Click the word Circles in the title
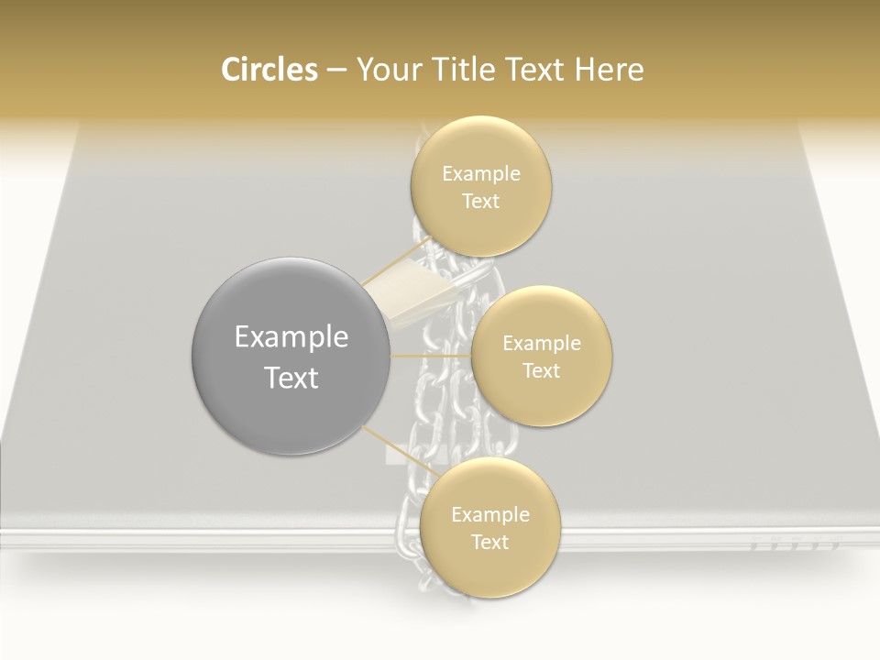(x=269, y=70)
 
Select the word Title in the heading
(x=461, y=70)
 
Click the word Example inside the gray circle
(x=291, y=337)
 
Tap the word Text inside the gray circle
(x=291, y=378)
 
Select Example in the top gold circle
(x=481, y=174)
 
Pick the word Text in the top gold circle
(x=481, y=202)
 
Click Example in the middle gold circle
(x=542, y=344)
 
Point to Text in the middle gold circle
(x=542, y=371)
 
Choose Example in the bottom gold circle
(x=490, y=515)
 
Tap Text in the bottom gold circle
(x=490, y=543)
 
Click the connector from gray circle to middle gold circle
(x=431, y=356)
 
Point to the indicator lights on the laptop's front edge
(x=794, y=544)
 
